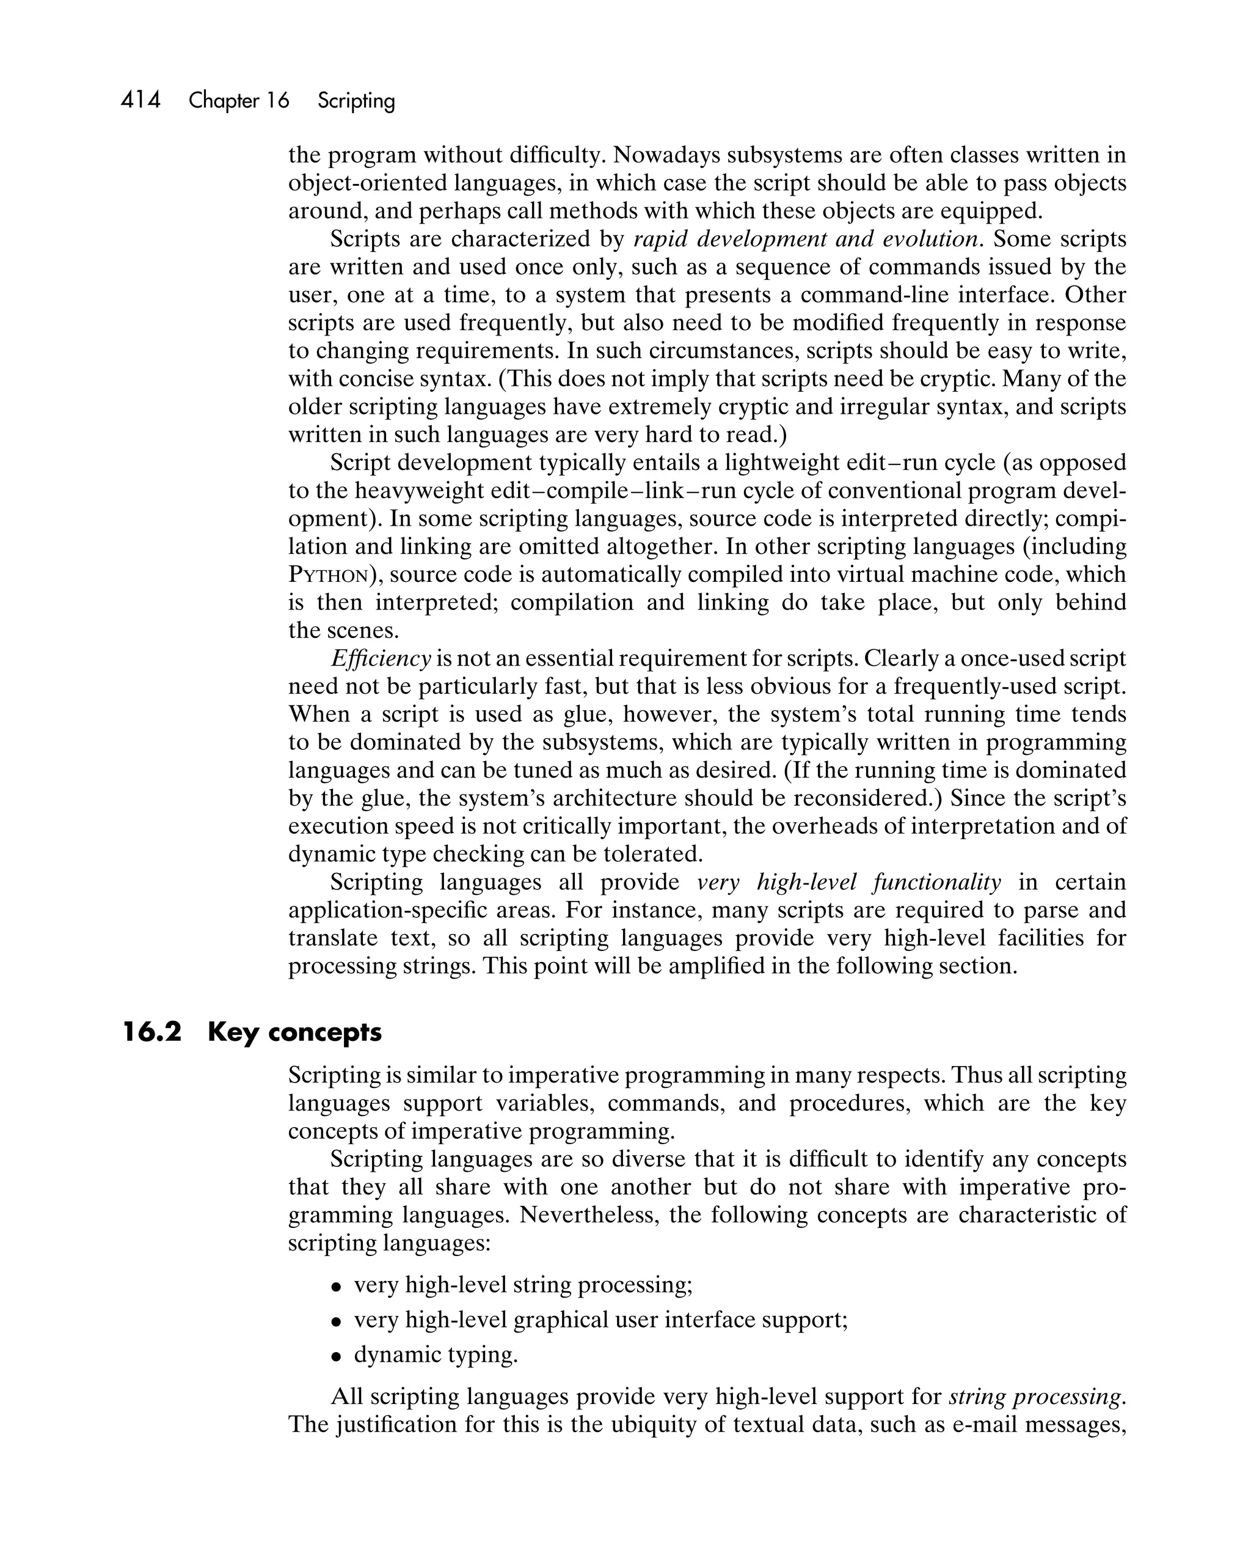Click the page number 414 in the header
coord(141,100)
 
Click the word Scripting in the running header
coord(356,100)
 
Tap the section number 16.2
coord(151,1032)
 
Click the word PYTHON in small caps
coord(329,575)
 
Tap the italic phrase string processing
coord(1037,1397)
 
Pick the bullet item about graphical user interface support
coord(599,1320)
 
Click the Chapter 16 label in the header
coord(238,100)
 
